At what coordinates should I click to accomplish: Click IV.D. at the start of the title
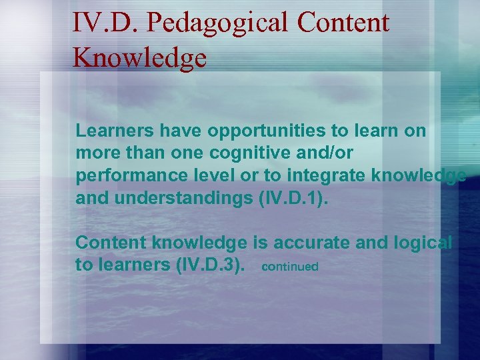coord(106,23)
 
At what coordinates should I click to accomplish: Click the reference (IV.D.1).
coord(294,198)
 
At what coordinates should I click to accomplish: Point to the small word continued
coord(290,267)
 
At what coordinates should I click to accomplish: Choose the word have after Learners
coord(167,131)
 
